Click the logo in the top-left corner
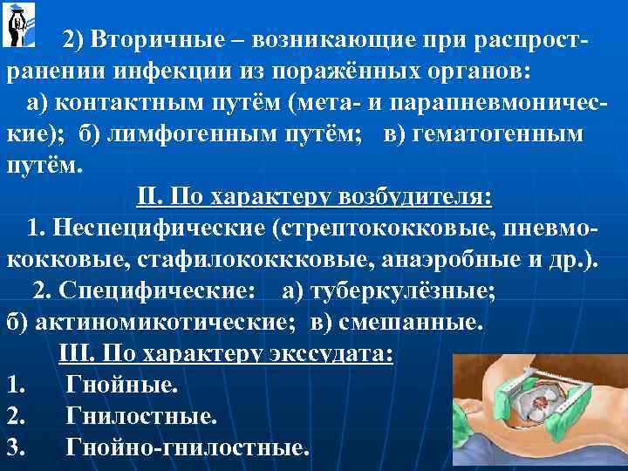click(17, 24)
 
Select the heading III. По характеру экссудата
click(226, 354)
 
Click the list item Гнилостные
click(141, 416)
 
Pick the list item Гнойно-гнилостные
click(188, 447)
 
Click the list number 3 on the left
click(12, 447)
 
